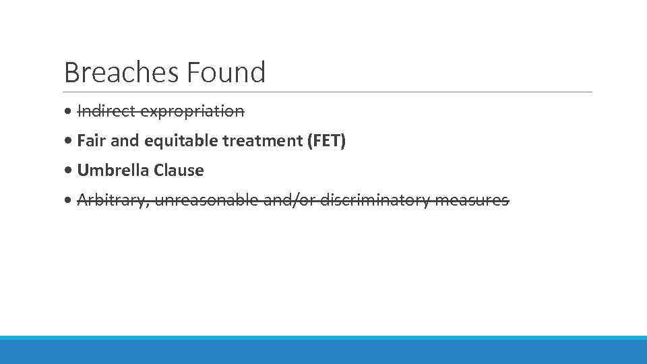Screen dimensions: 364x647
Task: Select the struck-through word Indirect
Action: [x=100, y=111]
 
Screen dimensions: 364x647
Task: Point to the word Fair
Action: [x=90, y=141]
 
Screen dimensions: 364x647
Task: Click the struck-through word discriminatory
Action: [x=375, y=200]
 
